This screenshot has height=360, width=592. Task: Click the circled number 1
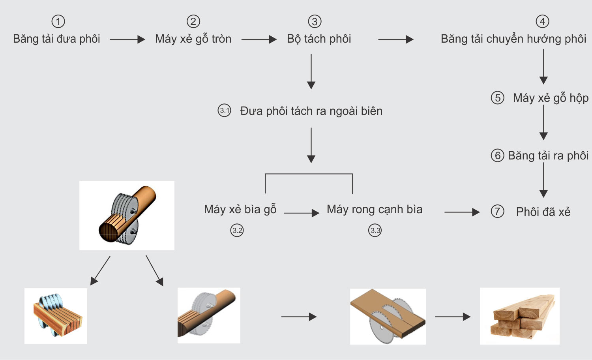click(x=58, y=21)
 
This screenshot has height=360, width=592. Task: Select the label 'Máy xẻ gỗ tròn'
click(x=193, y=39)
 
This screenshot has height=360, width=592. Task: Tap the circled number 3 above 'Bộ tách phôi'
click(x=315, y=21)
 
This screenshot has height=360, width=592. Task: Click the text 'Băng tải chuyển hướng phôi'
click(x=513, y=39)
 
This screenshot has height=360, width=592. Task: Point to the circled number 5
click(x=497, y=97)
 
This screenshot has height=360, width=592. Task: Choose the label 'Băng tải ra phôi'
click(x=548, y=156)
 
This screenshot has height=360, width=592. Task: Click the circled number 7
click(x=497, y=211)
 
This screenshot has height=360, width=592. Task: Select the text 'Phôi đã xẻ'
click(x=543, y=212)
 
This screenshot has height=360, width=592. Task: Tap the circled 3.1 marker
click(x=224, y=111)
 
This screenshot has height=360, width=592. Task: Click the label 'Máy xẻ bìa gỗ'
click(x=240, y=209)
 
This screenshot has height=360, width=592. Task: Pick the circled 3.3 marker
click(x=375, y=230)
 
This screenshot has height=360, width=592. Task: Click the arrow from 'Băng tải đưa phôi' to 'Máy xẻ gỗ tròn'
click(x=127, y=39)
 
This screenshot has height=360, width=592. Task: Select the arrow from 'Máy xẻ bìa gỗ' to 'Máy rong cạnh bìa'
click(x=301, y=213)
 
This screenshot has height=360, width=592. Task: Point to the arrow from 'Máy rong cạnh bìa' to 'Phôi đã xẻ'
click(x=462, y=212)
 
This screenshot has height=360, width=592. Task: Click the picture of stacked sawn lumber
click(x=519, y=316)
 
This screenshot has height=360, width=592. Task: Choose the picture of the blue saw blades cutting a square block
click(x=56, y=316)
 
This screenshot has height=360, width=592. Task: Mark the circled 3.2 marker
click(x=237, y=230)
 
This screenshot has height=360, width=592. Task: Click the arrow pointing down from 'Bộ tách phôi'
click(x=311, y=71)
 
